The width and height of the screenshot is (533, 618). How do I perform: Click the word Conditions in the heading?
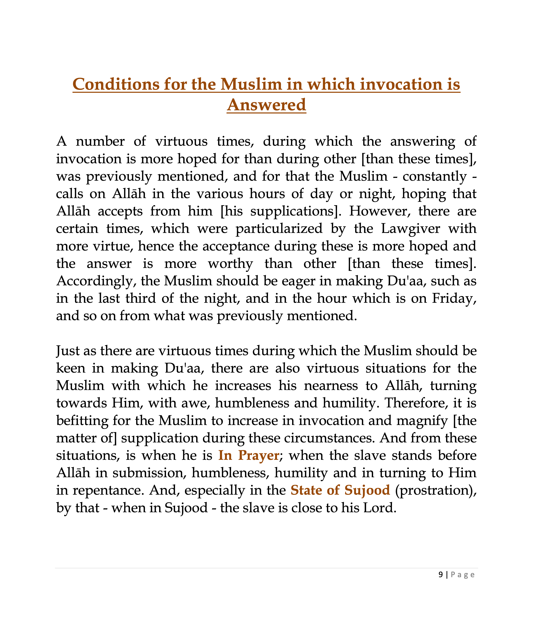coord(116,84)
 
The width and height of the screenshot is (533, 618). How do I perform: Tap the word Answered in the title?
coord(266,105)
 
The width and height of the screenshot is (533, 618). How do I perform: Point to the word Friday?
coord(454,299)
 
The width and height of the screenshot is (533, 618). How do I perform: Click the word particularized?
coord(279,229)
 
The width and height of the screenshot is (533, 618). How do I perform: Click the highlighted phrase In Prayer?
coord(249,455)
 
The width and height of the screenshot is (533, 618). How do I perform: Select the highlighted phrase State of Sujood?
coord(340,490)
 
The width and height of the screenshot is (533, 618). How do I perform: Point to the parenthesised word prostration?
coord(436,490)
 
